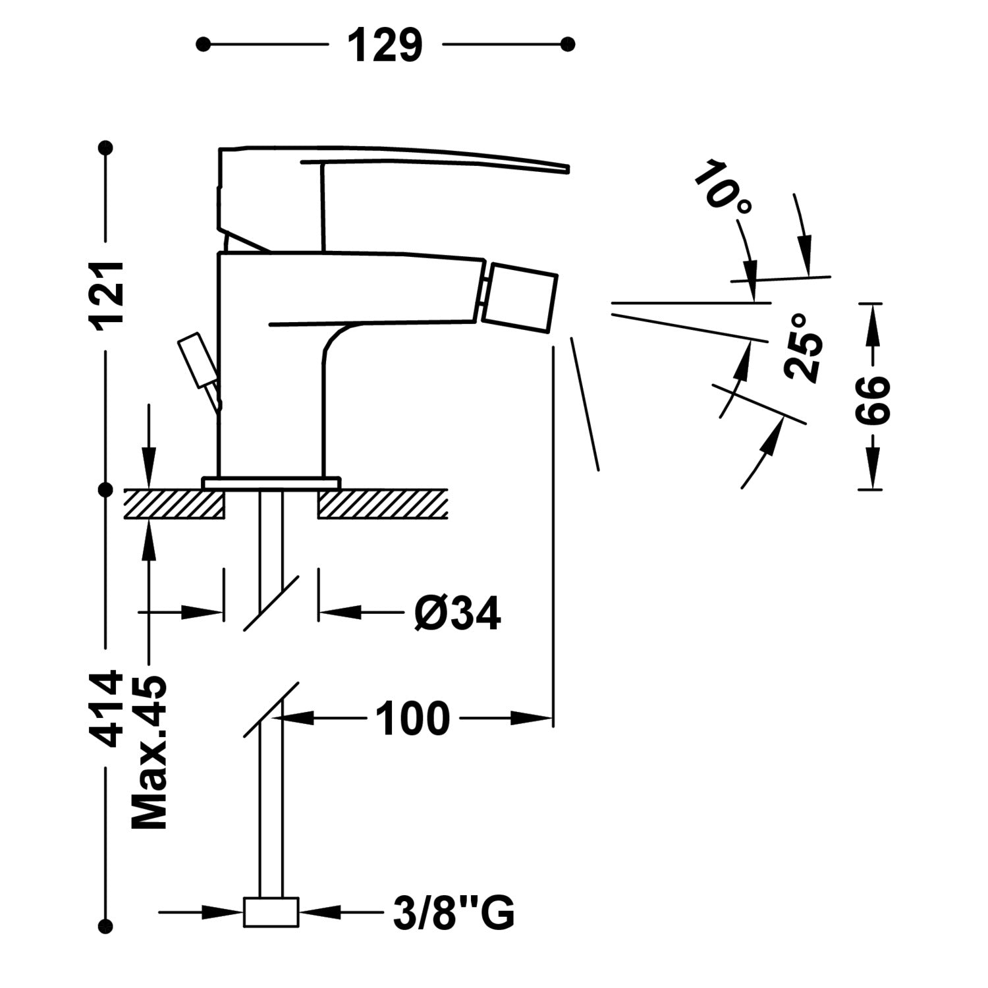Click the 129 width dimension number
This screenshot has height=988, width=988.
click(x=385, y=45)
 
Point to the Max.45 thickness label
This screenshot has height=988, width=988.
click(x=150, y=752)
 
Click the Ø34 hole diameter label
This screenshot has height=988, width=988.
click(x=457, y=614)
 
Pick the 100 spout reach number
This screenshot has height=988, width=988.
click(x=413, y=718)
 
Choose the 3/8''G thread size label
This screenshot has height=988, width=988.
click(x=454, y=913)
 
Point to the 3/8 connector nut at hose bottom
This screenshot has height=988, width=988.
click(x=271, y=912)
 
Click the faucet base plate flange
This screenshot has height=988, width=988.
click(x=271, y=483)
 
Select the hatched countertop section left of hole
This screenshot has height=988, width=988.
click(x=175, y=504)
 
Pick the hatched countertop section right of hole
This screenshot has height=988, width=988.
click(x=383, y=504)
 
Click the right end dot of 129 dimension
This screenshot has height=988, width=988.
click(x=568, y=44)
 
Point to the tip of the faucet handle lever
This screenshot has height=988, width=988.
click(x=567, y=169)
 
